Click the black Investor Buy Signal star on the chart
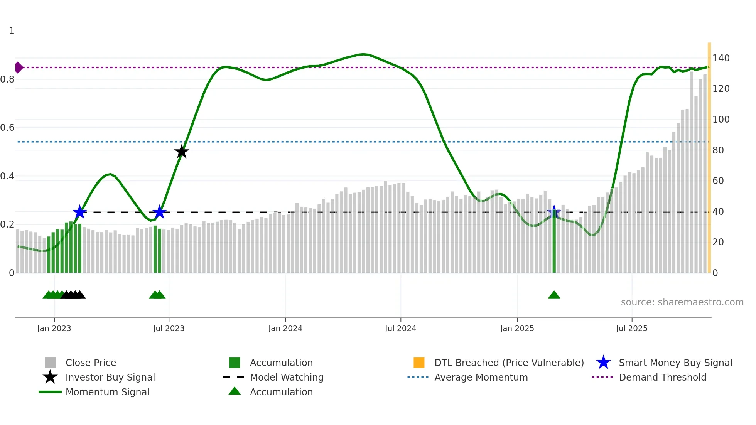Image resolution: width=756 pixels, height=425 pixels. [181, 152]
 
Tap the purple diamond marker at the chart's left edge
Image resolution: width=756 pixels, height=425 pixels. [19, 67]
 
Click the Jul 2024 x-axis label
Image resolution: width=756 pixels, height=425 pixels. [400, 328]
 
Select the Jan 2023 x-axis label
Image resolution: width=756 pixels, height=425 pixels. [54, 328]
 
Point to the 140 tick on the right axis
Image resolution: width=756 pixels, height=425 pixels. [721, 58]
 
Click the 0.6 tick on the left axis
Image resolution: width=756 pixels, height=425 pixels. [8, 128]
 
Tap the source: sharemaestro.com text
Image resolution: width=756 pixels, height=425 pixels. [682, 302]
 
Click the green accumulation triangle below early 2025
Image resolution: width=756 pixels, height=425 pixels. [554, 295]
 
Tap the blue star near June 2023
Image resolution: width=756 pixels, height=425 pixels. [159, 212]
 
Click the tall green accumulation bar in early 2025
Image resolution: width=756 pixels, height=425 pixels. [554, 247]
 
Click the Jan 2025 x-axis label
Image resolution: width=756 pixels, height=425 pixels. [517, 328]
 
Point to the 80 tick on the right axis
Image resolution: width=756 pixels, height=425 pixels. [718, 150]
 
